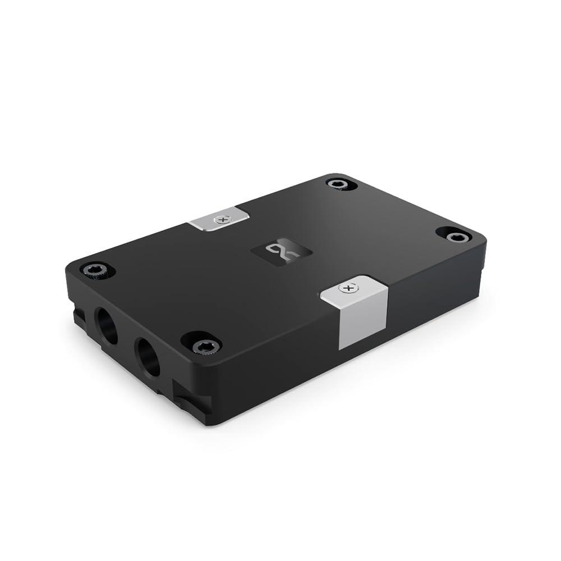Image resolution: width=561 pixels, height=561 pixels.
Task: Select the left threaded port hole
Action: (107, 325)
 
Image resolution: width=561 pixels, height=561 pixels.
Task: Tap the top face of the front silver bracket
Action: (353, 289)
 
